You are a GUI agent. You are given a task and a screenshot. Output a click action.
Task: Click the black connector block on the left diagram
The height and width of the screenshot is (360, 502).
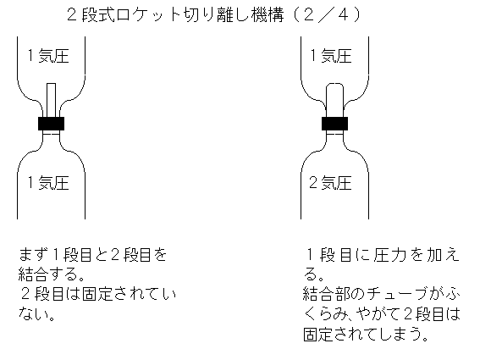(52, 124)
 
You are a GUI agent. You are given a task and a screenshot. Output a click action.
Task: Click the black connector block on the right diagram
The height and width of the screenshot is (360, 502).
(334, 124)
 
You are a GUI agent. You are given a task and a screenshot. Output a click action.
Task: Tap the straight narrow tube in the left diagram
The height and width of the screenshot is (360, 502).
(52, 100)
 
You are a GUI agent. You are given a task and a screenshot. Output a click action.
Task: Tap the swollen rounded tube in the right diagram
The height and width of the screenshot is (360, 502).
(334, 100)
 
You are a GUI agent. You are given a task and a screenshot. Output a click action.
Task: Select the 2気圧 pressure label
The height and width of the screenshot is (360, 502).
(331, 183)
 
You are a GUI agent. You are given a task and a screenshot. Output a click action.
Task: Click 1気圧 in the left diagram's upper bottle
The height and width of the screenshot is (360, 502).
(48, 55)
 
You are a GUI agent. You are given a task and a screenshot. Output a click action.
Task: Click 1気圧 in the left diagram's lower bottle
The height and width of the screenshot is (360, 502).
(48, 183)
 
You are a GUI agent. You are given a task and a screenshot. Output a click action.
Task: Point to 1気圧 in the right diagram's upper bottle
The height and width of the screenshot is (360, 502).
(331, 55)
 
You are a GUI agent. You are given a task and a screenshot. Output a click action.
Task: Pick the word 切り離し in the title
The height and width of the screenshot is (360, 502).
(216, 15)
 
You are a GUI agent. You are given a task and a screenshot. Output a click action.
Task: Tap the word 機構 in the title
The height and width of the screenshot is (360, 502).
(268, 15)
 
